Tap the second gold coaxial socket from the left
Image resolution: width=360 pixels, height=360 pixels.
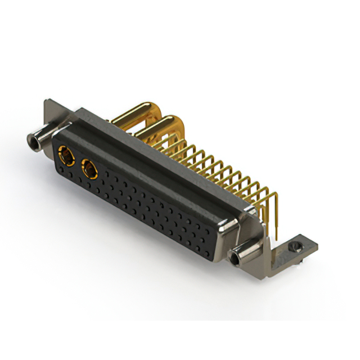tap(89, 167)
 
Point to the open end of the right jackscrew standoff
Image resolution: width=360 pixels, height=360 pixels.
tap(233, 259)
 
